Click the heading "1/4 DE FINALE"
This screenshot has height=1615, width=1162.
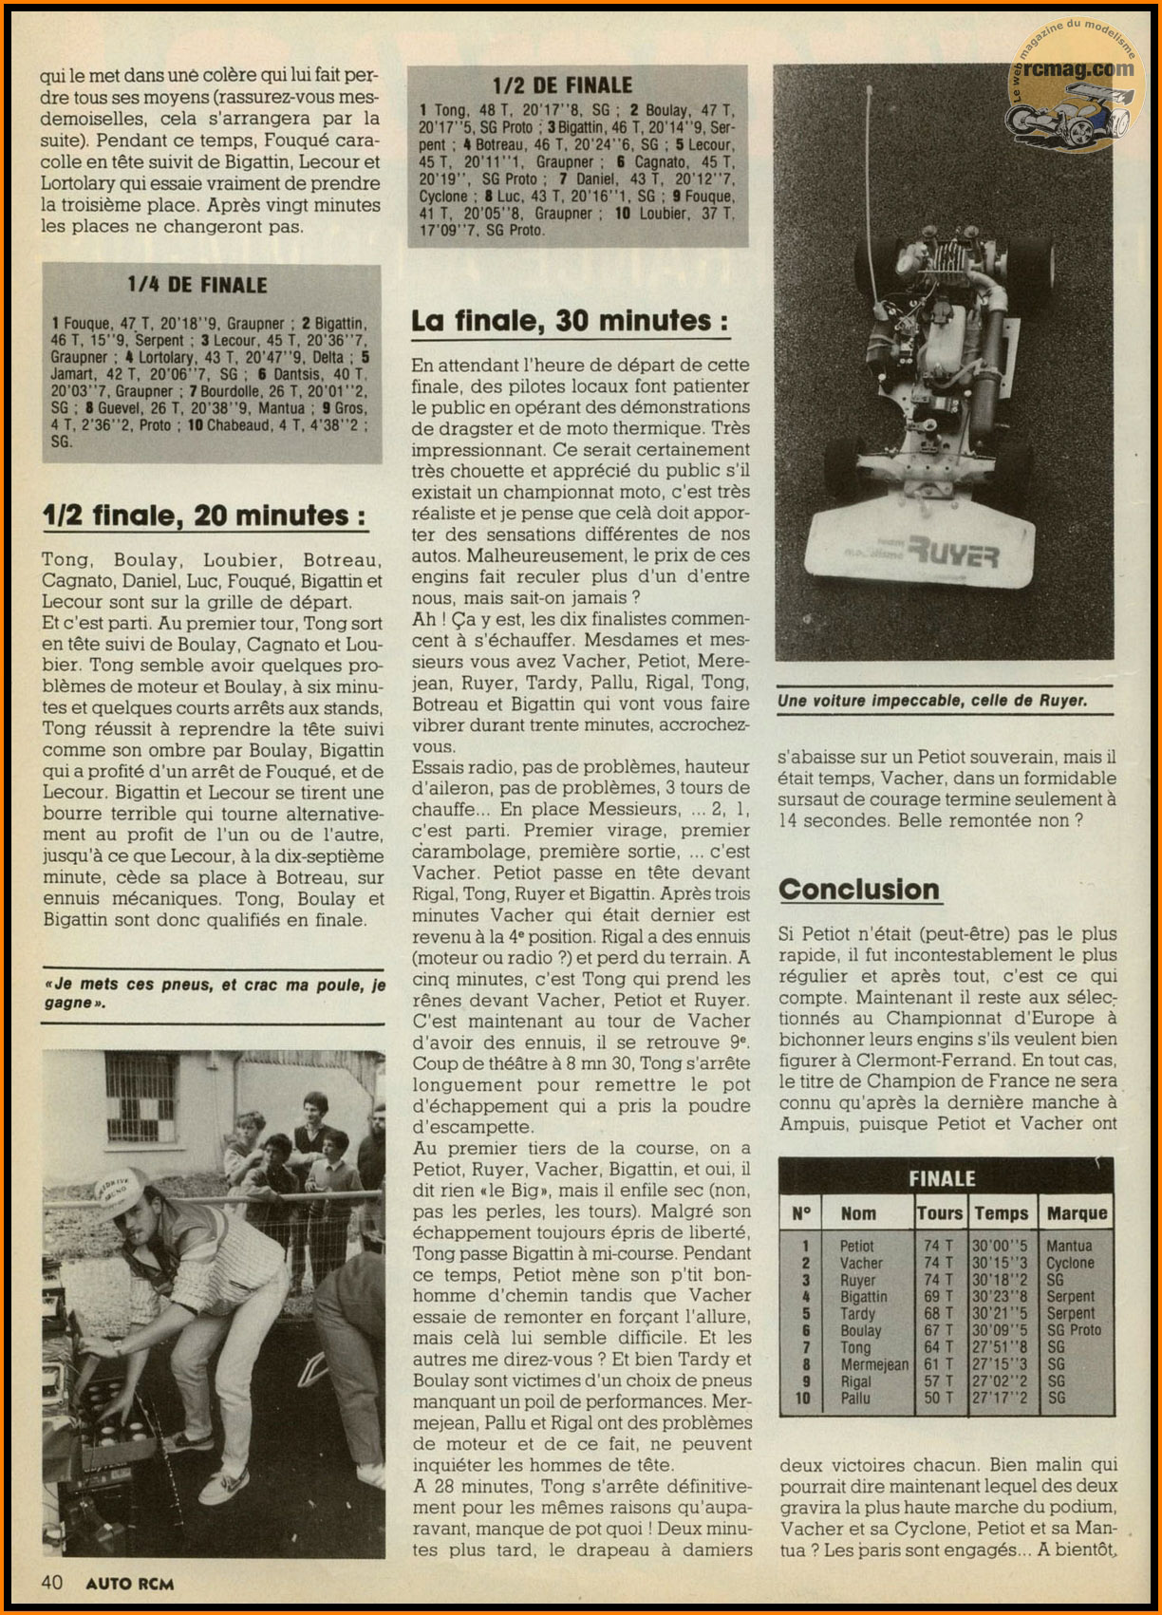[x=197, y=285]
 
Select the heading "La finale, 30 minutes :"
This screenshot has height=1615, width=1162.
[x=570, y=322]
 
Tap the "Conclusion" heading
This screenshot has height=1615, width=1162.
[x=859, y=890]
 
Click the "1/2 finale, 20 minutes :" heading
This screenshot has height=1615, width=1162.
[x=204, y=516]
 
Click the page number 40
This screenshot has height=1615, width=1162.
[x=52, y=1582]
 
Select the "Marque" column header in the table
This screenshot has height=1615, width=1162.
[x=1077, y=1213]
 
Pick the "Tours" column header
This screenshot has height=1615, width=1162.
[x=939, y=1213]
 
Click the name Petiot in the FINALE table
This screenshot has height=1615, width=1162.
[x=856, y=1246]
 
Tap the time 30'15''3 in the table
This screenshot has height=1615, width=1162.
[x=1000, y=1263]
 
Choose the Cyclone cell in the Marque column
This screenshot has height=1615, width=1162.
[x=1070, y=1263]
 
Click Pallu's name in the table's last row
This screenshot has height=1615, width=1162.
[x=854, y=1398]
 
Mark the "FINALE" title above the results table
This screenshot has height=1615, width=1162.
[x=942, y=1179]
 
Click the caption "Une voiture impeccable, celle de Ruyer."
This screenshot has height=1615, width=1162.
[x=932, y=701]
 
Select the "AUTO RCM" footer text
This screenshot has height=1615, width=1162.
[x=129, y=1583]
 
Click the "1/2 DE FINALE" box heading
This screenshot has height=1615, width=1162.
[x=562, y=85]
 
